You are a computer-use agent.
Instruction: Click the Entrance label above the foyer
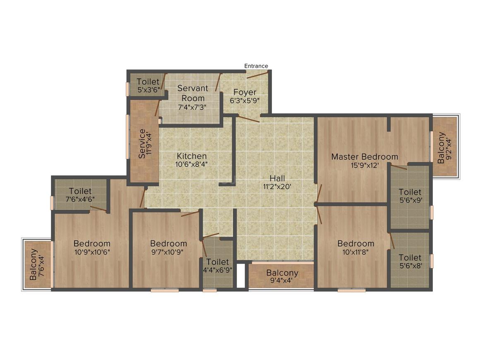pos(256,66)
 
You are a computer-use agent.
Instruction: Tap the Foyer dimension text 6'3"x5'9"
pos(245,101)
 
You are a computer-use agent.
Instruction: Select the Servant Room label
pos(192,93)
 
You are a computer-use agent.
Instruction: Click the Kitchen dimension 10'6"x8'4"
pos(191,164)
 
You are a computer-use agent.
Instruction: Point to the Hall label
pos(277,178)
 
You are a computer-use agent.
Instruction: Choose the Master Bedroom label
pos(365,157)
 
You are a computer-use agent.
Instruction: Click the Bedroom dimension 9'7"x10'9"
pos(169,252)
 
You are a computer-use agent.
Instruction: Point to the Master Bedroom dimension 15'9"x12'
pos(365,165)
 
